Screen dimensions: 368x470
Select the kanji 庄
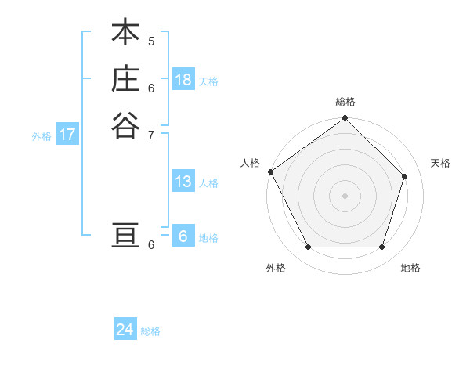coord(125,79)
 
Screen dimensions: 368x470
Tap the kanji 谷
coord(125,125)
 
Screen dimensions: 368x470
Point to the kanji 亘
coord(125,236)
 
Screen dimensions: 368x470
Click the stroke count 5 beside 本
coord(151,41)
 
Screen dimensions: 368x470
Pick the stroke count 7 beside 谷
coord(151,134)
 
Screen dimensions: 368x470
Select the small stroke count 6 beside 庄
coord(151,88)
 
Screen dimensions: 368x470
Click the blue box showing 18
coord(183,80)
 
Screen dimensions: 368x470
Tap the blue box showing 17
coord(67,135)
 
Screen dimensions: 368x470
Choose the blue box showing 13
coord(183,182)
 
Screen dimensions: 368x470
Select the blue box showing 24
coord(125,330)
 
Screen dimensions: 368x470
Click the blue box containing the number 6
coord(183,236)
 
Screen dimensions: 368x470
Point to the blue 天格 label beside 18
coord(208,81)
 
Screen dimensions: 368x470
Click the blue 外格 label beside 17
coord(42,136)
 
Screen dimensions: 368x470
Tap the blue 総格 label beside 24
coord(150,332)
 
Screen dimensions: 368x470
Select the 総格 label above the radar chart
coord(345,102)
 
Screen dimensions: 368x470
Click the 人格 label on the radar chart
coord(251,163)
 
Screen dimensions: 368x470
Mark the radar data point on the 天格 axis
coord(405,176)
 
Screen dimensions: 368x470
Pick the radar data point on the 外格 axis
coord(308,247)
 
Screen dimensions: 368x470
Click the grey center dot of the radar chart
coord(345,196)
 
